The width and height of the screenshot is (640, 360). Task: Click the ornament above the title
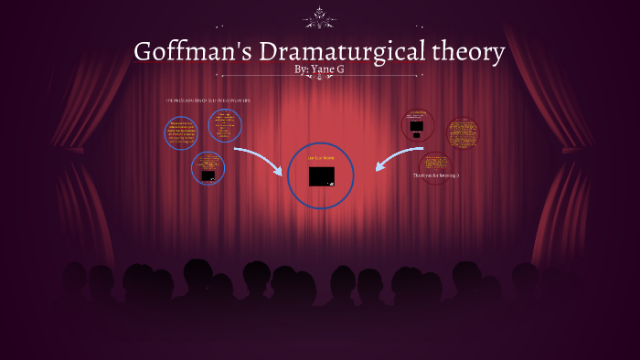321,17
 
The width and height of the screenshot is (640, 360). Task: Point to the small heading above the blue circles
208,100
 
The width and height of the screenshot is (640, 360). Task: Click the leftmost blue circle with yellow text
181,133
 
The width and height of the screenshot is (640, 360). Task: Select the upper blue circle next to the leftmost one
225,125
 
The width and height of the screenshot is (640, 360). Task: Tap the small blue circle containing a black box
208,168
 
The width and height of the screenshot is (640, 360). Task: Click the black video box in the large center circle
321,176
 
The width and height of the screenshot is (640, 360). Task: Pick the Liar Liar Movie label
321,158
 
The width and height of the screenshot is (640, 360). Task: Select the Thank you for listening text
435,175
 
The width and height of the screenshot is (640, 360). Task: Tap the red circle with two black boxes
418,124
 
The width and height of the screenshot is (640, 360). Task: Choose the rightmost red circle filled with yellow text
463,133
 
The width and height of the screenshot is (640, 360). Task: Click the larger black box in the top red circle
417,126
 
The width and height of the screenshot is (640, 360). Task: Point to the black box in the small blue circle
208,175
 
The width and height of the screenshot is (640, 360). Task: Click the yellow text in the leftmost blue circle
181,134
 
